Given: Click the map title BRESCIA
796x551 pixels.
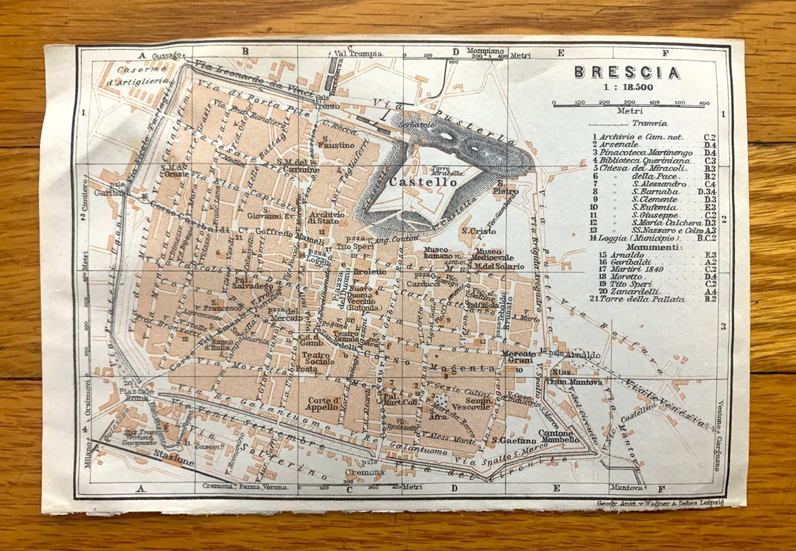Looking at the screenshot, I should [626, 72].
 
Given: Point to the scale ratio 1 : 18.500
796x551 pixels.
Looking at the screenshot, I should [626, 87].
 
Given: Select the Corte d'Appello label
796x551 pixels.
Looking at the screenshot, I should [324, 404].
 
